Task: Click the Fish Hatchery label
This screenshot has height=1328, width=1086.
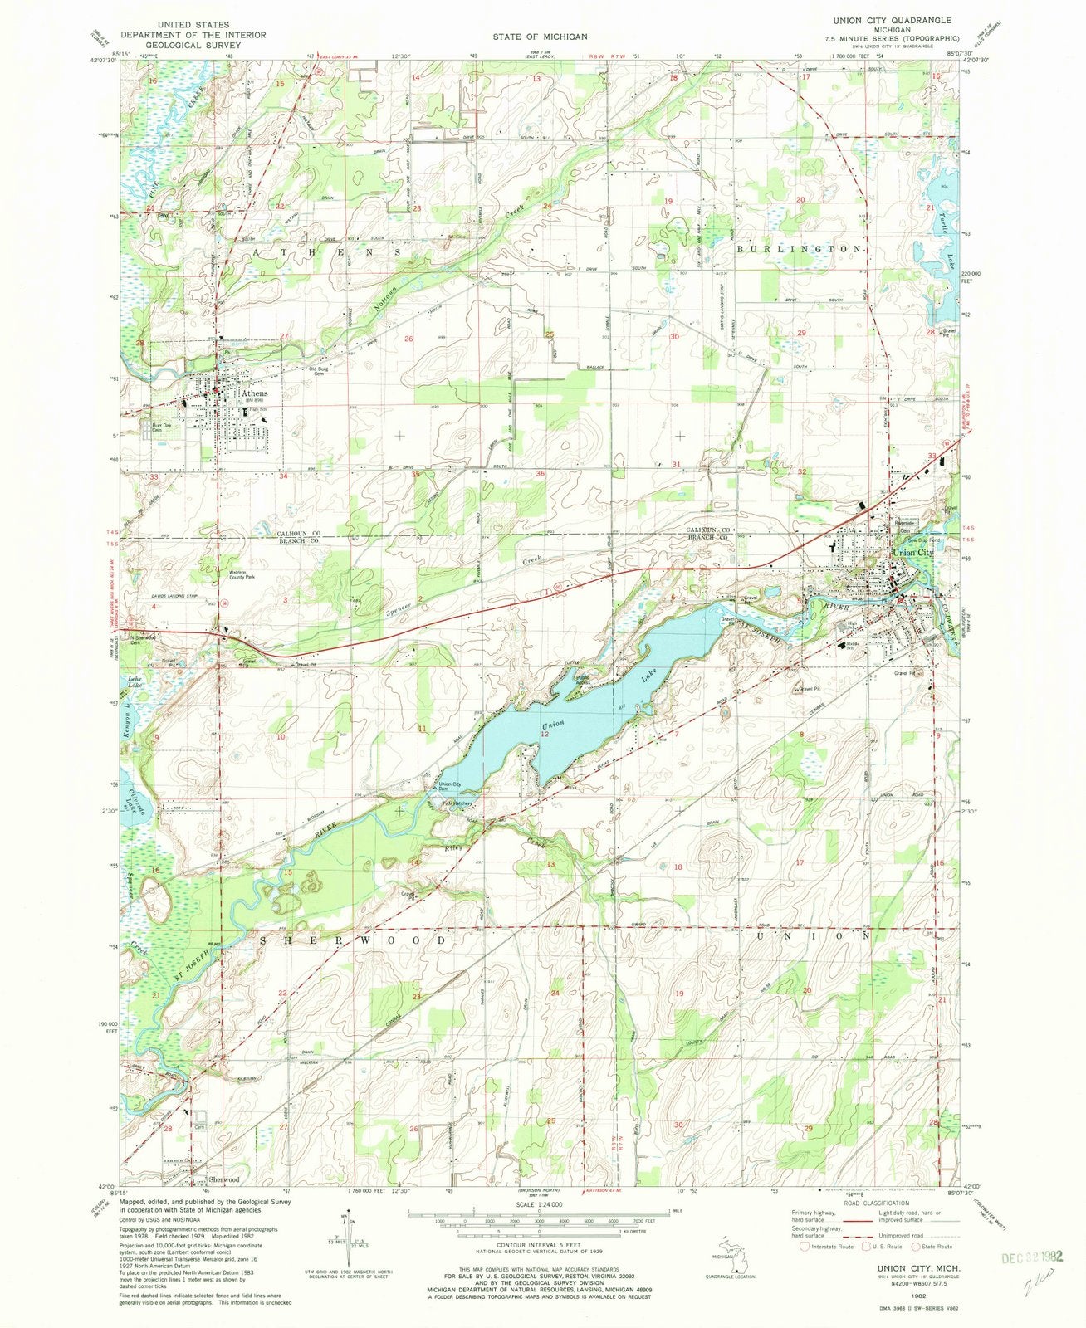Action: tap(457, 803)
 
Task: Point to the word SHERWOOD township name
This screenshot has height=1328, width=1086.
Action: tap(359, 940)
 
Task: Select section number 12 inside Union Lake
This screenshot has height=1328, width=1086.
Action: tap(545, 735)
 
